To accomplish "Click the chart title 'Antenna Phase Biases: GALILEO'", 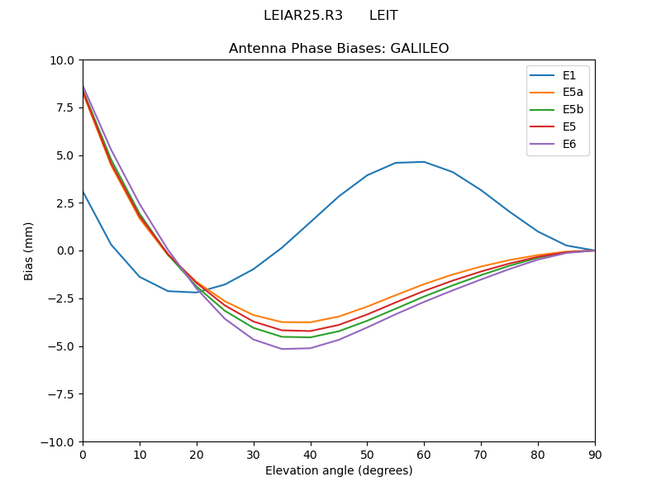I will (x=339, y=49).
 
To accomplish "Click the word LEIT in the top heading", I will (x=383, y=16).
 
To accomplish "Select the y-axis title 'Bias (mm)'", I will (x=29, y=250).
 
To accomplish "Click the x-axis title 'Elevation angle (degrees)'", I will (x=339, y=471).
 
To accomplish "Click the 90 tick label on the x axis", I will (x=595, y=454).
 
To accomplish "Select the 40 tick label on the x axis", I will (x=310, y=454).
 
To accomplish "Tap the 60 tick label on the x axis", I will (x=424, y=454).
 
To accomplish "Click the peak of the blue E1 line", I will (x=424, y=162).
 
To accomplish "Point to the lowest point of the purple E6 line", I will (x=282, y=349).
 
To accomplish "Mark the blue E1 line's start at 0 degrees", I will (x=83, y=192).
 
